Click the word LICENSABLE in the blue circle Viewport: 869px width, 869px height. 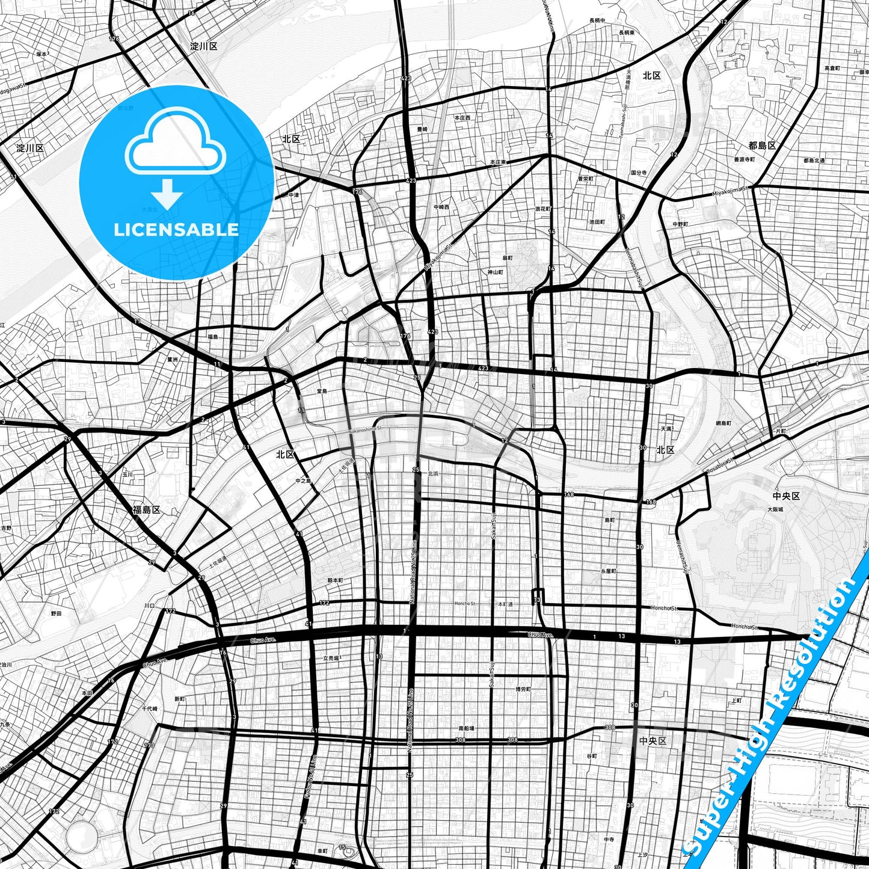coord(176,229)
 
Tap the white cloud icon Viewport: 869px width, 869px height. coord(175,147)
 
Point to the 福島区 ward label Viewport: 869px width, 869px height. coord(147,509)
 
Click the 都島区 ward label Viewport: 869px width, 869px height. coord(762,146)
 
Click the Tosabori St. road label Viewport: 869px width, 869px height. coord(719,464)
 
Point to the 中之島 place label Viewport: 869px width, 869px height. coord(304,481)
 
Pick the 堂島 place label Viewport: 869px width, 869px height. coord(322,391)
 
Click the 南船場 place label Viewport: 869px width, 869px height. coord(466,728)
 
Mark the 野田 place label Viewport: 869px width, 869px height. coord(56,613)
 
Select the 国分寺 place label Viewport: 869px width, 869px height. coord(639,173)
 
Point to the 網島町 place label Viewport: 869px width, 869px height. coord(723,423)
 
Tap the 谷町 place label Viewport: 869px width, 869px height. coord(592,756)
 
